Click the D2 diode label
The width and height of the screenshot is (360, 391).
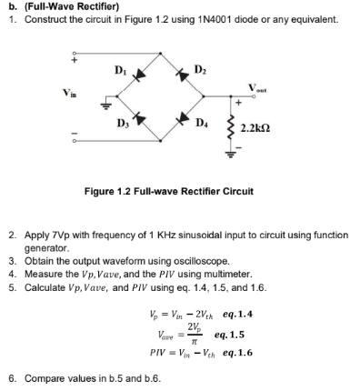point(201,69)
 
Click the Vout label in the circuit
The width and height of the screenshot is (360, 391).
point(258,88)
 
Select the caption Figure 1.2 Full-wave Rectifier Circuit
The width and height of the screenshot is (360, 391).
point(168,192)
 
